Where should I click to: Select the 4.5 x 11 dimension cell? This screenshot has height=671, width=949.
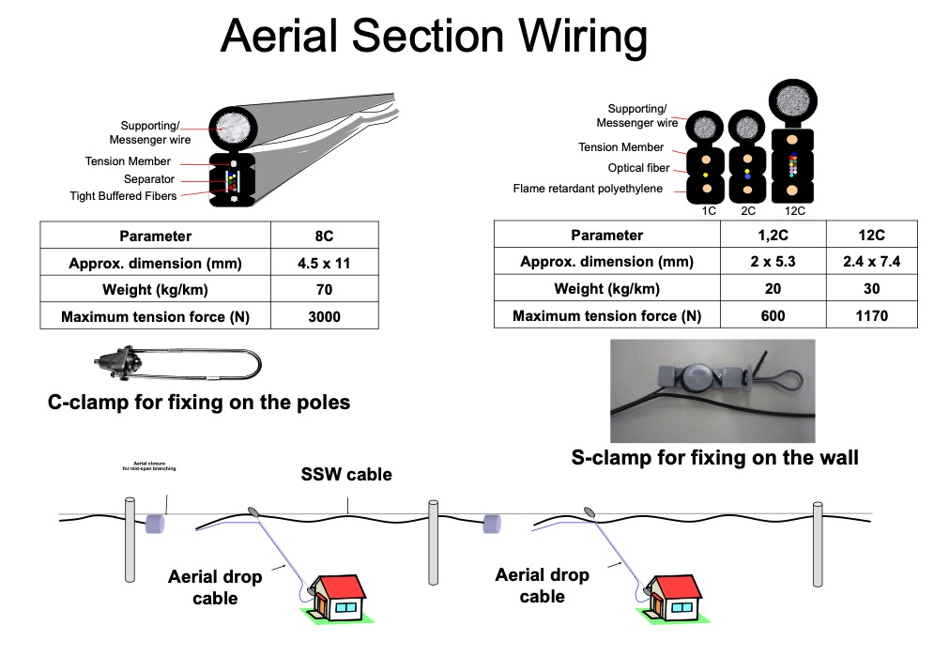click(324, 263)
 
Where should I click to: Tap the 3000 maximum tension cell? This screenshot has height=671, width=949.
click(324, 316)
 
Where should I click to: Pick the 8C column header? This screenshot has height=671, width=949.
click(324, 236)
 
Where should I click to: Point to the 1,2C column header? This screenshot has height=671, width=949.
click(773, 235)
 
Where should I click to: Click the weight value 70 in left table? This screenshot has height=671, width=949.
click(324, 290)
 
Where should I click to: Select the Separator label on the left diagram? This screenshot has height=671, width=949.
click(148, 179)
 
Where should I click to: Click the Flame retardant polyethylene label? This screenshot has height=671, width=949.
click(587, 189)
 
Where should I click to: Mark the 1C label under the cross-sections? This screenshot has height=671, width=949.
click(709, 211)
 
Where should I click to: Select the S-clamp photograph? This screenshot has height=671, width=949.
click(712, 389)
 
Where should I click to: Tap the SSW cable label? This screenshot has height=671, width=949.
click(346, 475)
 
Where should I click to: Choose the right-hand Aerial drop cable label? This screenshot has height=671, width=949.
click(542, 586)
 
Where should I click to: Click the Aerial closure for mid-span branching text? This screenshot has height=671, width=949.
click(149, 465)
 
